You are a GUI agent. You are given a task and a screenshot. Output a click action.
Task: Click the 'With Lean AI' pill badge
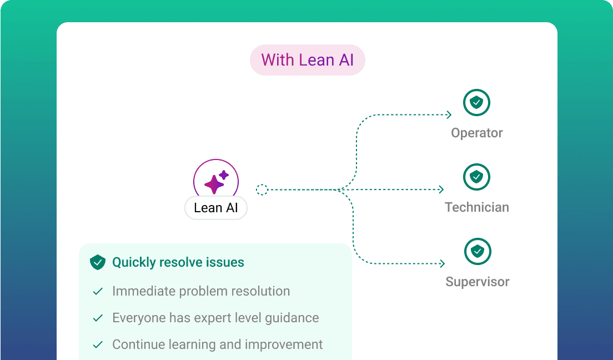point(307,60)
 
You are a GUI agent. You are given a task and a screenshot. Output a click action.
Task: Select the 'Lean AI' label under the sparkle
point(216,208)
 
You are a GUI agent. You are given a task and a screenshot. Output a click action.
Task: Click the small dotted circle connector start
point(262,190)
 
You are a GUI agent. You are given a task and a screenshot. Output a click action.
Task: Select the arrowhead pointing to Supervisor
point(442,264)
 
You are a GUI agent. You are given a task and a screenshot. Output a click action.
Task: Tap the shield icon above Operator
point(476,103)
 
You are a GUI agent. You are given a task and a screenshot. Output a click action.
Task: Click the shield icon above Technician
point(476,177)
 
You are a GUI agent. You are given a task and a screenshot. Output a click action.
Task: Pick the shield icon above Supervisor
point(477,252)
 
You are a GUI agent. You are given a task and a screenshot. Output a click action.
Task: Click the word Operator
point(477,133)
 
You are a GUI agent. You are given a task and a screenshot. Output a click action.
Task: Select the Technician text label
point(477,208)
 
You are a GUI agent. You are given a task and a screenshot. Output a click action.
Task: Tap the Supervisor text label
point(478,282)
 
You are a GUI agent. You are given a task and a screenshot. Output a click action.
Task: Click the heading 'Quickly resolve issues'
point(178,262)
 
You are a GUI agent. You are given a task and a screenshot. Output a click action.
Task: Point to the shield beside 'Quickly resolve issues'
point(98,262)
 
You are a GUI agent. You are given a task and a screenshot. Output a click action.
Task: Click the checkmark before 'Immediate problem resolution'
point(98,292)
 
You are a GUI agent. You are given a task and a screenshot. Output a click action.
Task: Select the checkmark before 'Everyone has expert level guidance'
point(98,318)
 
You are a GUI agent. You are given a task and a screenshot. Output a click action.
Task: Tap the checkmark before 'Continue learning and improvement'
point(98,345)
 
